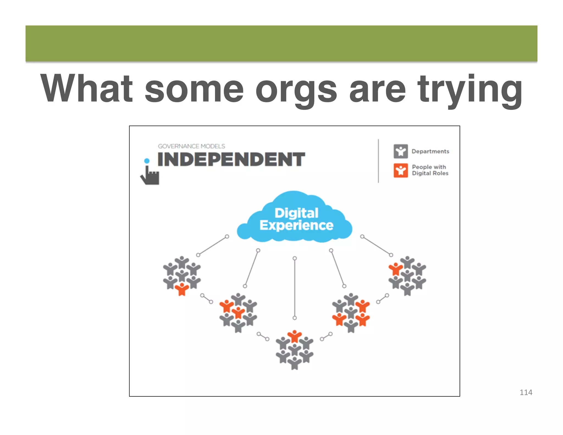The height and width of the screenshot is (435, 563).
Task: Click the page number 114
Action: (x=526, y=392)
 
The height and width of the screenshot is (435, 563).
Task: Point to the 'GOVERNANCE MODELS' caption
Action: (x=191, y=146)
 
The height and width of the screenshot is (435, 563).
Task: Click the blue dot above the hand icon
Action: (x=147, y=161)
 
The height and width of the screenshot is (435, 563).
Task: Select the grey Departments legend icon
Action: (x=401, y=151)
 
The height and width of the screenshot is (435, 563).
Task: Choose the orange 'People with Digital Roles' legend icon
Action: (x=401, y=170)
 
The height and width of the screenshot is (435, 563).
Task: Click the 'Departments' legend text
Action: (x=430, y=151)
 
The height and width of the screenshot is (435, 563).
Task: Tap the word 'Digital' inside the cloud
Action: (x=296, y=213)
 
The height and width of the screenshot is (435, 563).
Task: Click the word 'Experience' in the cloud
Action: (x=296, y=225)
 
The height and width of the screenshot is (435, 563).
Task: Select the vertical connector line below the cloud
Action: (x=295, y=288)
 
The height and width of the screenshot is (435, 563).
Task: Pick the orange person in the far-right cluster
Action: (x=396, y=269)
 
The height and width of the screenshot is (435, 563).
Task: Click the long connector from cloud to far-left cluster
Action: (x=212, y=246)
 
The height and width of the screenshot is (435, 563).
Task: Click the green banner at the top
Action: (x=281, y=43)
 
